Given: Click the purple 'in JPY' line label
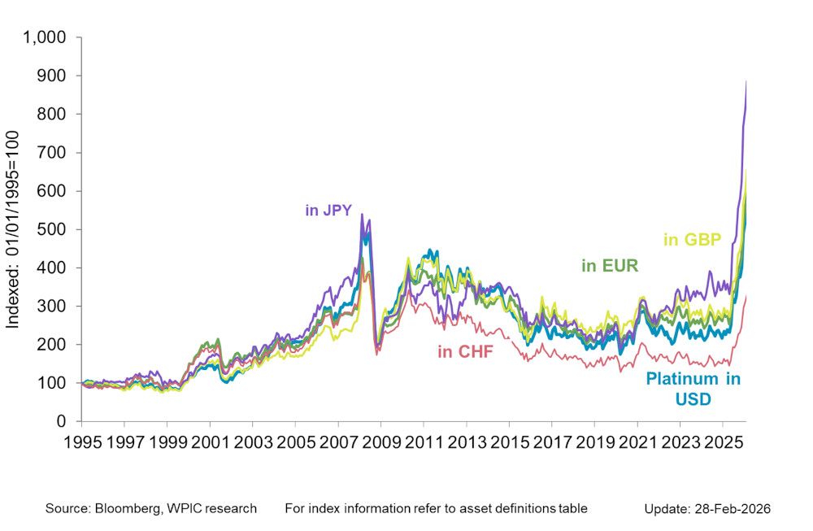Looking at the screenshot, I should pyautogui.click(x=328, y=211).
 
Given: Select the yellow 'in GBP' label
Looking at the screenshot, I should pyautogui.click(x=693, y=239).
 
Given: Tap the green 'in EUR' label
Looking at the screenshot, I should pyautogui.click(x=610, y=265).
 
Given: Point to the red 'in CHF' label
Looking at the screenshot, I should pyautogui.click(x=467, y=351).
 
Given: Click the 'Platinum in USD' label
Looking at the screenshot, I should pyautogui.click(x=693, y=389).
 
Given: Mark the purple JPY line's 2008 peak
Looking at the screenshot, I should pyautogui.click(x=362, y=215).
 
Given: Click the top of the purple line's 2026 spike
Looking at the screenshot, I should pyautogui.click(x=746, y=81).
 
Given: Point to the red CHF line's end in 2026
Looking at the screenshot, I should pyautogui.click(x=746, y=296).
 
